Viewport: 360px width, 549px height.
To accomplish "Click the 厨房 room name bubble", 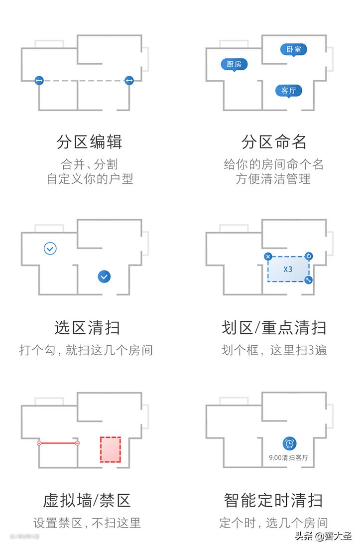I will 234,64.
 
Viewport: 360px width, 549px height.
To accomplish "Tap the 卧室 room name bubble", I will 293,49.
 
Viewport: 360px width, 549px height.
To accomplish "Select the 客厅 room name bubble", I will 288,91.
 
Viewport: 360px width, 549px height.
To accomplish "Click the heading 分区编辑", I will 90,142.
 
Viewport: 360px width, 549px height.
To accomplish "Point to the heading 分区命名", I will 274,142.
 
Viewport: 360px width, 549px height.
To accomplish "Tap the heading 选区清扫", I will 87,327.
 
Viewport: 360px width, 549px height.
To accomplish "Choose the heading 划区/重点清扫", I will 274,327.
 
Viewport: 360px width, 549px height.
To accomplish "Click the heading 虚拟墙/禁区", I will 87,500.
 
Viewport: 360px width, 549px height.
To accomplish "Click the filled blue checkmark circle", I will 104,276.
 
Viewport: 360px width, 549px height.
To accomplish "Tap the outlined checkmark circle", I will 50,248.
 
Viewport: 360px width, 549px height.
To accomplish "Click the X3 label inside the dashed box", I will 288,269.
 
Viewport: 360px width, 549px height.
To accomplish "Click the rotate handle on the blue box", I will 309,257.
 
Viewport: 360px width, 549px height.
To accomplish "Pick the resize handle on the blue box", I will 309,280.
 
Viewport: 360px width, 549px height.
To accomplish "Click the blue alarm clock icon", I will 289,443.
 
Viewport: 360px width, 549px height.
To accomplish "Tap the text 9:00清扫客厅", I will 289,457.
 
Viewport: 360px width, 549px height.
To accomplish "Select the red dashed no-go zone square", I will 111,449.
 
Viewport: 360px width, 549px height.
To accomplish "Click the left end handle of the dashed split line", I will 39,80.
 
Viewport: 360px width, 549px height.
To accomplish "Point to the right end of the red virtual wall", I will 77,443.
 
